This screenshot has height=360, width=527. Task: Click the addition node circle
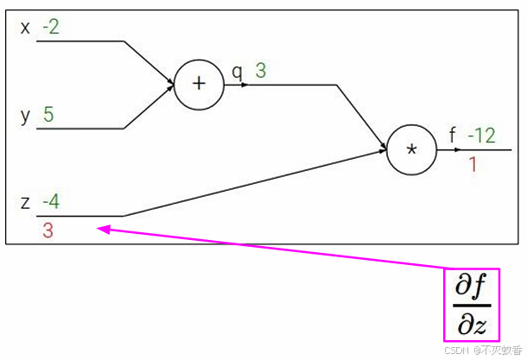click(x=200, y=84)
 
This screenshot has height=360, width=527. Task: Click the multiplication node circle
click(x=411, y=149)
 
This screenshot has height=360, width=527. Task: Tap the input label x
click(x=25, y=28)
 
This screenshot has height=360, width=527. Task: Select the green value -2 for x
click(x=51, y=28)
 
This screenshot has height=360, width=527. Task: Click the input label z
click(x=25, y=204)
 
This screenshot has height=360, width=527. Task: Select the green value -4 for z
click(x=51, y=204)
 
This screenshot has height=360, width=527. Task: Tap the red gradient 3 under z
click(x=48, y=231)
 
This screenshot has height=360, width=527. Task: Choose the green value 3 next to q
click(x=260, y=71)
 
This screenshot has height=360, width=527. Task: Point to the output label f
click(x=453, y=136)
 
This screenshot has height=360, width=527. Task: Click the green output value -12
click(x=481, y=136)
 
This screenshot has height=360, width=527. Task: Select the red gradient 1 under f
click(x=473, y=164)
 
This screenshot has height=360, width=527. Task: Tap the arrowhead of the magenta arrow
click(x=101, y=229)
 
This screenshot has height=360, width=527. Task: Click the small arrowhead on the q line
click(x=245, y=85)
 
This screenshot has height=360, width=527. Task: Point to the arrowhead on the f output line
click(x=457, y=149)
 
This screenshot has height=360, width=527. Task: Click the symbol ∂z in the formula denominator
click(x=473, y=324)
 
